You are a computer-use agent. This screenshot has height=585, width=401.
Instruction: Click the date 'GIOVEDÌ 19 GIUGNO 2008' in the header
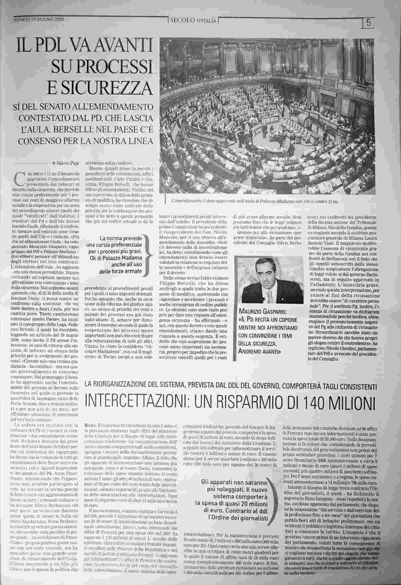coord(39,19)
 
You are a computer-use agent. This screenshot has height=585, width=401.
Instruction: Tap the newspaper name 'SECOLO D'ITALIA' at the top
coord(193,21)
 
